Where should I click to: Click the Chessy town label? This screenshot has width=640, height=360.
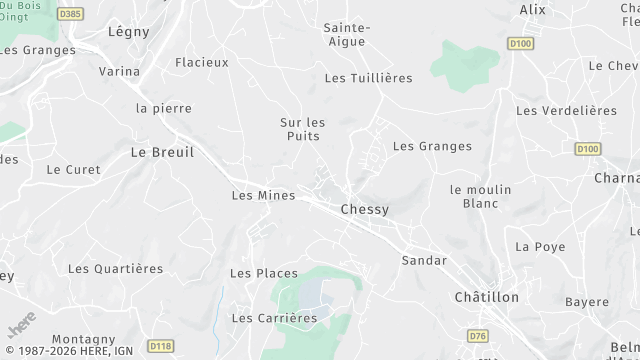364,210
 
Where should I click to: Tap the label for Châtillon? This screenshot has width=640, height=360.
487,298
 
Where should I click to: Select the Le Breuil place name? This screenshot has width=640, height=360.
162,152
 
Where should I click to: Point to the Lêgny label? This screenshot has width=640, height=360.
128,31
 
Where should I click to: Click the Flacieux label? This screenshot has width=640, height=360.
202,62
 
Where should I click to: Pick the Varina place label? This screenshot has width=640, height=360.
120,72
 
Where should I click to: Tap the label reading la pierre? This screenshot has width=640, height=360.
164,108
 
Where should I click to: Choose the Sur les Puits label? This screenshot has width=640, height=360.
302,129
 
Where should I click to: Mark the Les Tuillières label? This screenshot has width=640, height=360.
369,78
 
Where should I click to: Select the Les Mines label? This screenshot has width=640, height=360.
263,196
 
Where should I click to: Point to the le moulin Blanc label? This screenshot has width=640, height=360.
481,196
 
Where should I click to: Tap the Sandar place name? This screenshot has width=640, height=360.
423,260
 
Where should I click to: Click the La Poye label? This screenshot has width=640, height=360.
540,247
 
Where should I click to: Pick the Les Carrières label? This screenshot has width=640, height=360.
274,318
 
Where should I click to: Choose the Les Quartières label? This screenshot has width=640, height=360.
115,269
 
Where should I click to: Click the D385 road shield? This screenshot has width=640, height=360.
69,13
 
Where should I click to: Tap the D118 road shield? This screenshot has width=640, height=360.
159,346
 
